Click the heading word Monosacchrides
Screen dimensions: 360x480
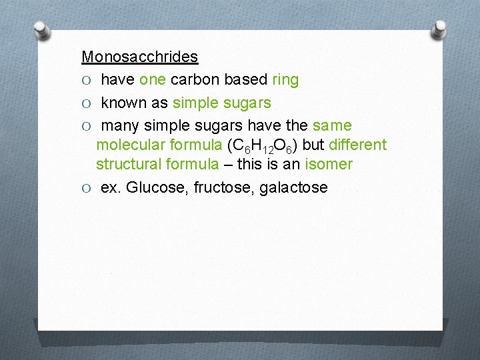(139, 57)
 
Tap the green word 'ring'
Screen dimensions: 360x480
(285, 80)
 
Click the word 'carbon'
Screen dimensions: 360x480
(195, 80)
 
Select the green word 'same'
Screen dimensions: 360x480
(332, 125)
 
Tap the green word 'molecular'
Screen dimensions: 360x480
(128, 145)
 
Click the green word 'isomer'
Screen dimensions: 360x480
(329, 164)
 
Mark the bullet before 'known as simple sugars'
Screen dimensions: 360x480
(86, 103)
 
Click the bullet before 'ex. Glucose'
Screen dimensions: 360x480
(86, 188)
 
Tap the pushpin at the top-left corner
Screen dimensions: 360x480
(42, 29)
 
